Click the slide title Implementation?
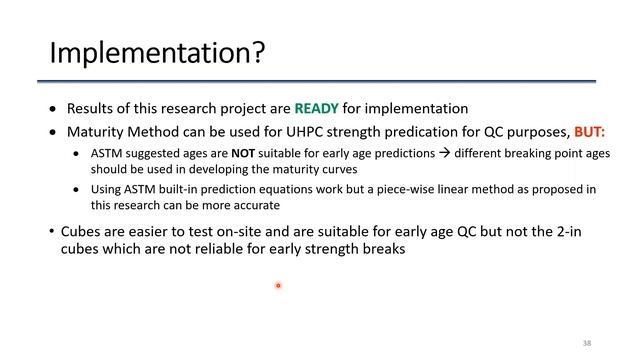click(x=157, y=51)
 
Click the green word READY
click(x=314, y=108)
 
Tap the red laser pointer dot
click(x=278, y=286)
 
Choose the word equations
click(x=267, y=189)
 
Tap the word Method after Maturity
click(x=148, y=131)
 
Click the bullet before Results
click(x=54, y=108)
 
